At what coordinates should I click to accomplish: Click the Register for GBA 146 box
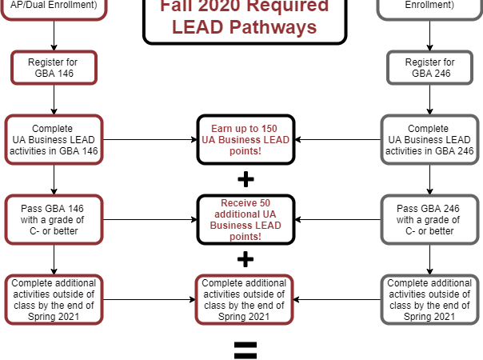(x=54, y=67)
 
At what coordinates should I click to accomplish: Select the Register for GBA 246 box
(x=430, y=67)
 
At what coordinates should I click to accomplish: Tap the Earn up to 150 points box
(x=245, y=140)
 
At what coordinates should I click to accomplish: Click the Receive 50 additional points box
(x=245, y=220)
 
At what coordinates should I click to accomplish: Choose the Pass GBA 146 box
(x=54, y=220)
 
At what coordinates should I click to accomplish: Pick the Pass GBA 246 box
(x=430, y=220)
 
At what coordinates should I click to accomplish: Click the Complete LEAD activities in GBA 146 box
(x=54, y=140)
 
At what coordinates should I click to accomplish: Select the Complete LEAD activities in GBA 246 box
(x=430, y=140)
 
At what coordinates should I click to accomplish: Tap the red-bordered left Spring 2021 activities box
(x=54, y=300)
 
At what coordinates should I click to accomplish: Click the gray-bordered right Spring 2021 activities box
(x=430, y=300)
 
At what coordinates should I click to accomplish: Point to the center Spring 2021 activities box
(x=245, y=300)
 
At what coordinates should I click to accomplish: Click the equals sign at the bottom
(x=245, y=349)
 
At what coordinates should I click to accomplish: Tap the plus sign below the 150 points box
(x=245, y=178)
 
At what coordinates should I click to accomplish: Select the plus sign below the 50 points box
(x=245, y=259)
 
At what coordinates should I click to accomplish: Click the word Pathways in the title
(x=271, y=27)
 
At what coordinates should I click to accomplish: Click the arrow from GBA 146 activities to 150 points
(x=150, y=140)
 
